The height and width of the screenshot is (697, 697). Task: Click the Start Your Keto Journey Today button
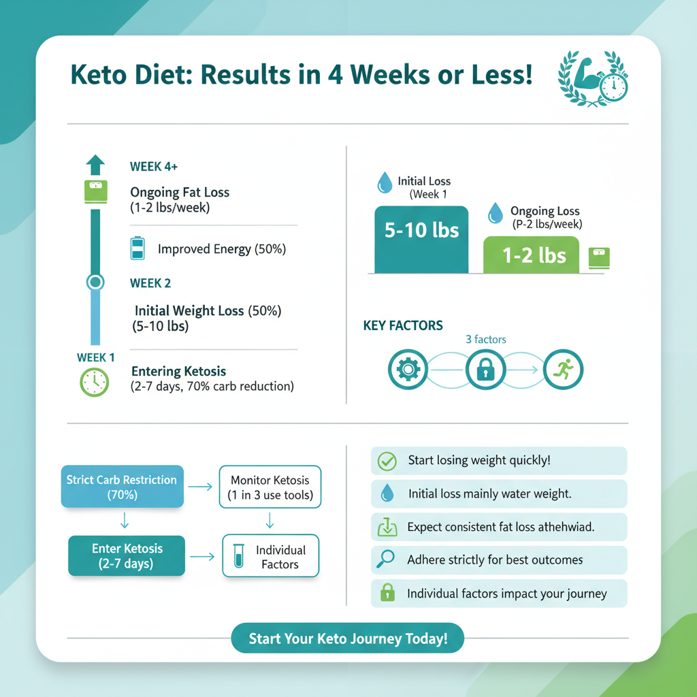pos(347,639)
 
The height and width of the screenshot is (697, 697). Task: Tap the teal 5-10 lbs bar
pos(421,240)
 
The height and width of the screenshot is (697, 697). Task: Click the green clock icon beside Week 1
pos(95,382)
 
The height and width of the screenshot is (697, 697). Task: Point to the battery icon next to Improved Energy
pos(137,248)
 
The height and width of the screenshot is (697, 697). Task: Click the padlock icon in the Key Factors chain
pos(485,370)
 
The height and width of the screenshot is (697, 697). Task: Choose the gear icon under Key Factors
pos(407,370)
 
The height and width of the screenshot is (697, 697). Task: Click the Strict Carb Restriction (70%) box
pos(123,487)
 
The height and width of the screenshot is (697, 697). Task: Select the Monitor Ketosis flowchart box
pos(270,487)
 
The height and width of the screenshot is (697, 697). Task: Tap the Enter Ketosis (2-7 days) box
pos(127,556)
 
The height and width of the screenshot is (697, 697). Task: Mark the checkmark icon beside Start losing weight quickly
pos(387,461)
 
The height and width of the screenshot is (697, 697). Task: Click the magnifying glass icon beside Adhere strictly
pos(386,560)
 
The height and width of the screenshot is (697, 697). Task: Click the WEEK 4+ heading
pos(154,167)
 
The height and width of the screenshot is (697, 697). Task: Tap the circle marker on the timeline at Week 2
pos(95,282)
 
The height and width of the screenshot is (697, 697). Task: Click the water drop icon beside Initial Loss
pos(385,182)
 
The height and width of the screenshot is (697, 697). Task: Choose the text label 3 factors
pos(486,339)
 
